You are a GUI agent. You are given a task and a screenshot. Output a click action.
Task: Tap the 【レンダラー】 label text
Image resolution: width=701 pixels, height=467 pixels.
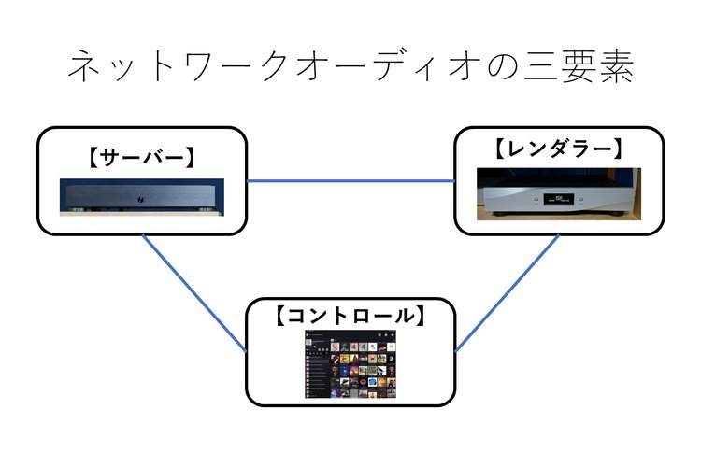[557, 148]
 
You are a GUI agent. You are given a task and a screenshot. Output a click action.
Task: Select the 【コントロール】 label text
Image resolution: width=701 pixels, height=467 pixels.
[351, 316]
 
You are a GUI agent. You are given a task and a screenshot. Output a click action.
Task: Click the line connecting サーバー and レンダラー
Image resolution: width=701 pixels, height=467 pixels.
[350, 180]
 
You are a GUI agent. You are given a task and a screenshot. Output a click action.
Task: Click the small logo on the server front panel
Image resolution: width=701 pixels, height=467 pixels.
[139, 198]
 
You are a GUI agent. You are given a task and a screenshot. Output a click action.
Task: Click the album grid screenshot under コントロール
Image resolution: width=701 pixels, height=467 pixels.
[350, 365]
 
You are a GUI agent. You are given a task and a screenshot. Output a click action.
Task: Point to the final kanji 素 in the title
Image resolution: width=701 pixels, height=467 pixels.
[617, 68]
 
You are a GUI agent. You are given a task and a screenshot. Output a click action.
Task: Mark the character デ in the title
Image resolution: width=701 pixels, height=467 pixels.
[383, 68]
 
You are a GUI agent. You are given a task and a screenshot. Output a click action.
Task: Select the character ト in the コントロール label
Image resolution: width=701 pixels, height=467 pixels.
[345, 316]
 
